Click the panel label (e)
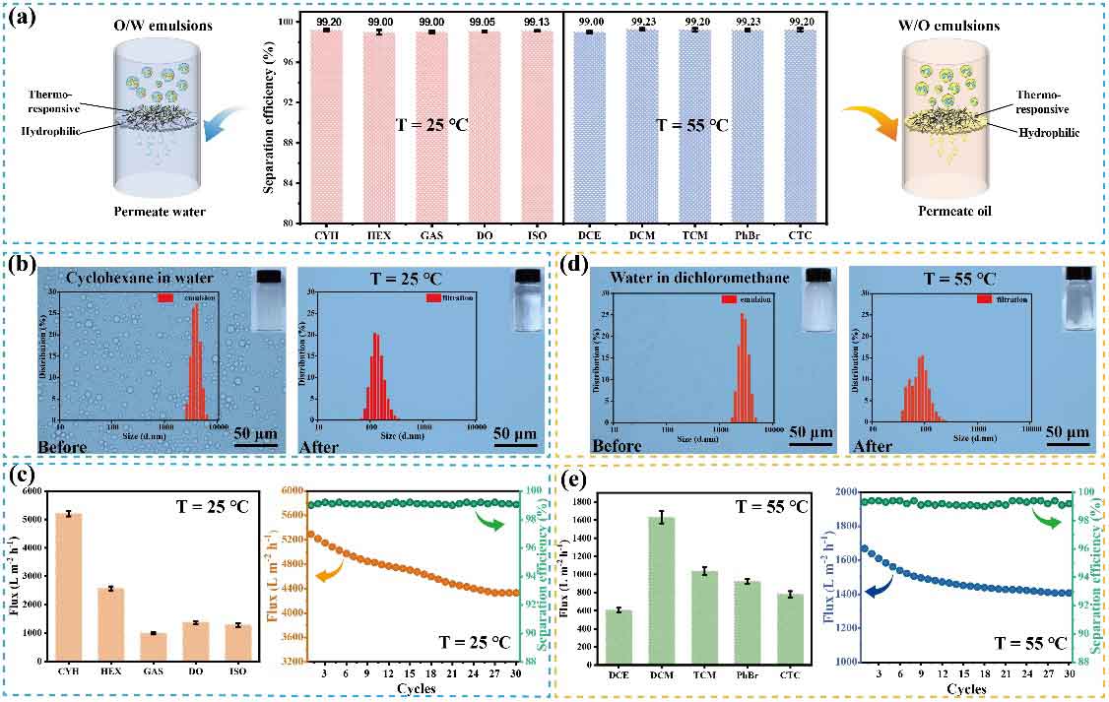pos(574,479)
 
